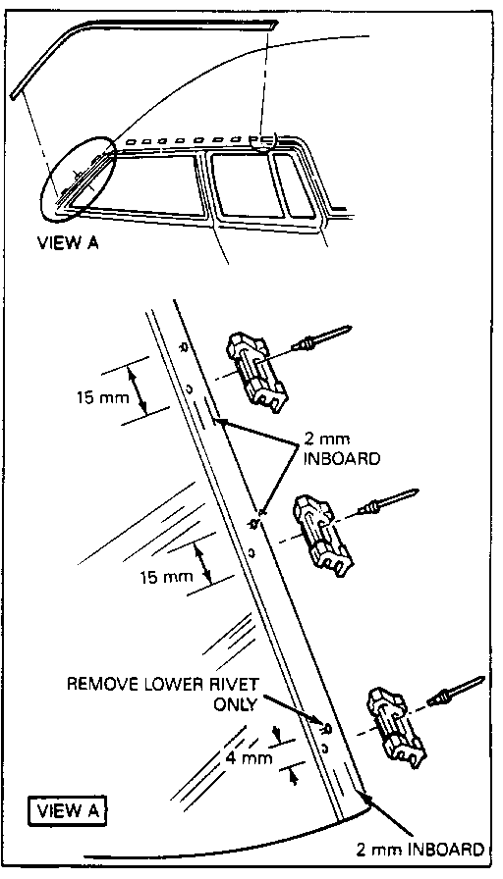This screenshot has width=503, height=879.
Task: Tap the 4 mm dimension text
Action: point(250,758)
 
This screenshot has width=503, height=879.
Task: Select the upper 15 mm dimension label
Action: point(103,397)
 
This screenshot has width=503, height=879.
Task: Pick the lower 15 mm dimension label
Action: point(166,576)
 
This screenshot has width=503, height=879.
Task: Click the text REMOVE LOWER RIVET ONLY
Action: point(163,693)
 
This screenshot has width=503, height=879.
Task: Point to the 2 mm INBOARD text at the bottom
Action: point(419,849)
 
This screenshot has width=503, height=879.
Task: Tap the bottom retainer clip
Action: point(396,727)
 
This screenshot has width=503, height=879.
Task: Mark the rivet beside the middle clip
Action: point(389,501)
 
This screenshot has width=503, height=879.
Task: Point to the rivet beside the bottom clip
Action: point(456,690)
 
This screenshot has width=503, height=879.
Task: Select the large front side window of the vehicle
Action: point(146,185)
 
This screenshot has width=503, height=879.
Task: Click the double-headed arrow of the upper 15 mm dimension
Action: point(140,390)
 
